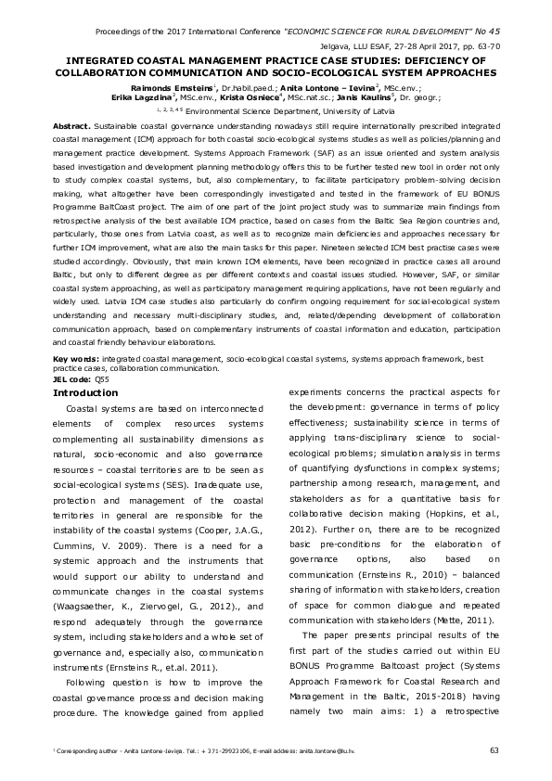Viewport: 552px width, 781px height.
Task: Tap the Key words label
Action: click(x=75, y=332)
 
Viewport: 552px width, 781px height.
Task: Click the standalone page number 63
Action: click(x=494, y=750)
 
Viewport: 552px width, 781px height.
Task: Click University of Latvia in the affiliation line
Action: click(x=339, y=109)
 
